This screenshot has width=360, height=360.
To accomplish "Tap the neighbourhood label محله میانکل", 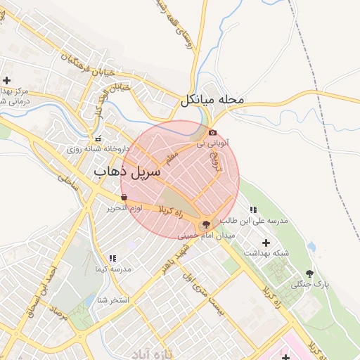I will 212,100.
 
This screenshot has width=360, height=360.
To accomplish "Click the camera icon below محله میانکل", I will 212,131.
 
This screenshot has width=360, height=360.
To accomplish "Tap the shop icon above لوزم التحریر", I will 124,198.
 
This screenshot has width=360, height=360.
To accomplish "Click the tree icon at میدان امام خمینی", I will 205,225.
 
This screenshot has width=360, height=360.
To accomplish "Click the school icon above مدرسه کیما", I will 112,258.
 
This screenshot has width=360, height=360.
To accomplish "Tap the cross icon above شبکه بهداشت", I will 266,242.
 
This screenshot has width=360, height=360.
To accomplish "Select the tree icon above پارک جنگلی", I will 310,273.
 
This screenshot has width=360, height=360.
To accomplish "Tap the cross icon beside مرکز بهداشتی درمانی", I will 7,80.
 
